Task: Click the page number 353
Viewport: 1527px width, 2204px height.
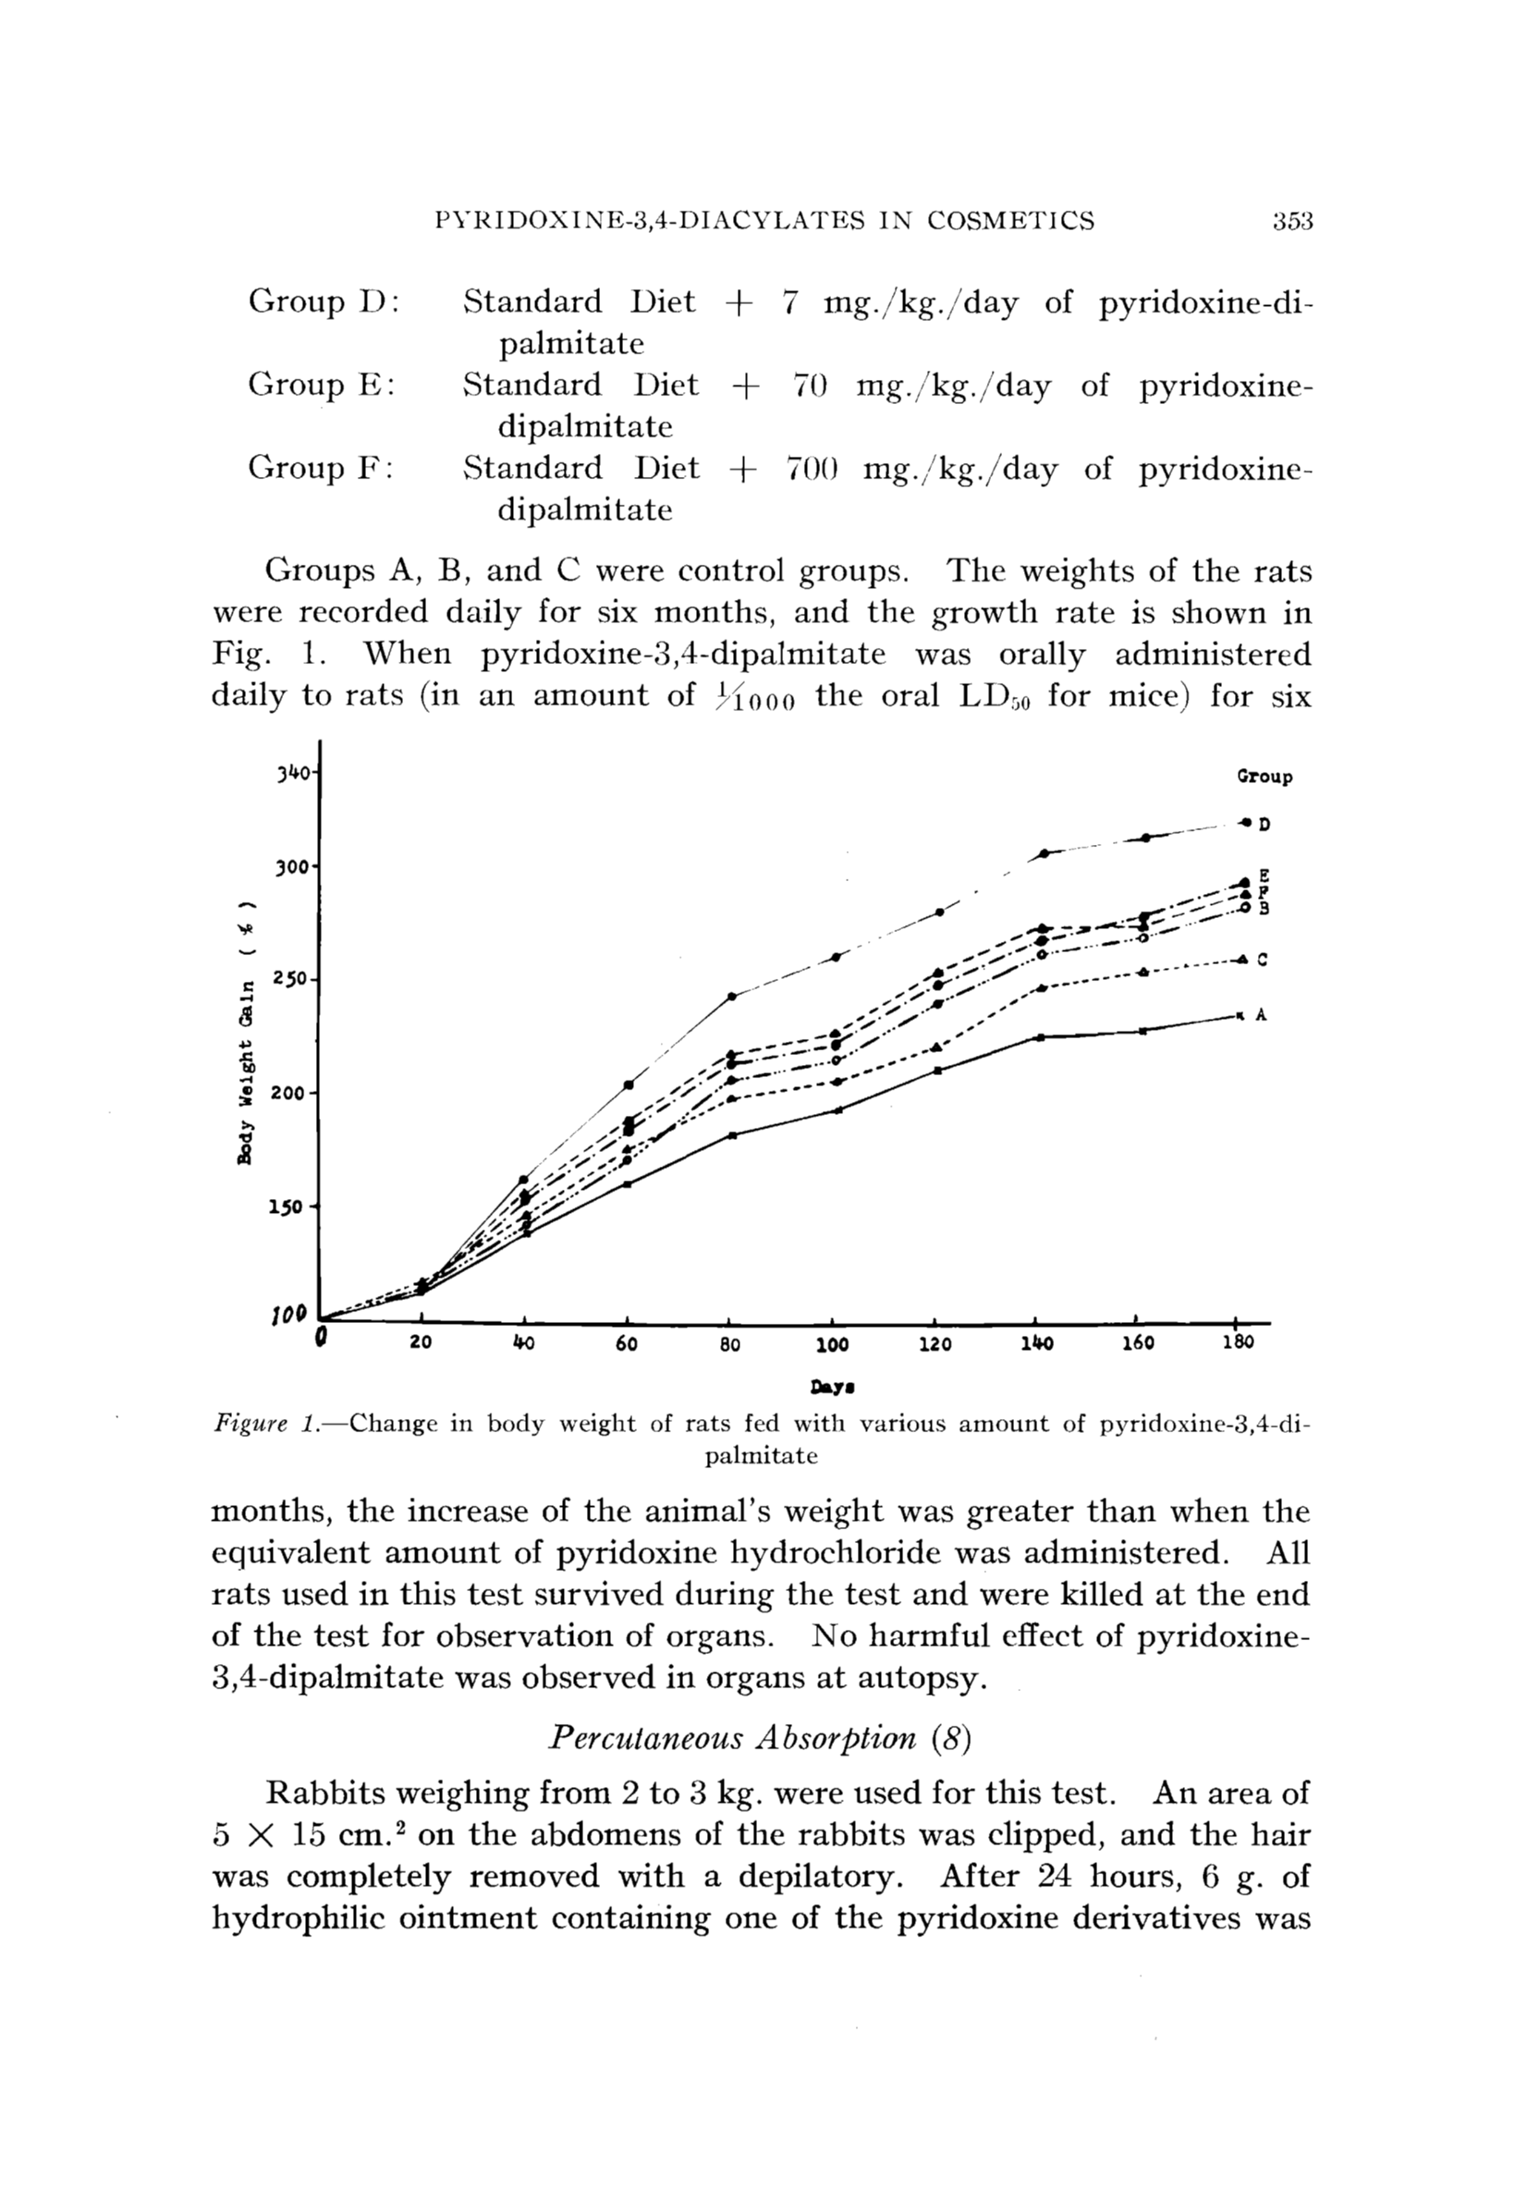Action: (1292, 221)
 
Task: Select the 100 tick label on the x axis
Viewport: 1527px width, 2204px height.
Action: (833, 1343)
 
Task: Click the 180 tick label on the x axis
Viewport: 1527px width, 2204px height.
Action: (1237, 1342)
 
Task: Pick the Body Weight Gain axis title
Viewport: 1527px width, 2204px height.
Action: (247, 1034)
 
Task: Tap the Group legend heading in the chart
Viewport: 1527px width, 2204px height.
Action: (1264, 778)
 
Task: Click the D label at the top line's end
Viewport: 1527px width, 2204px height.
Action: (1264, 824)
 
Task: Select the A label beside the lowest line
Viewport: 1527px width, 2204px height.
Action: (1261, 1015)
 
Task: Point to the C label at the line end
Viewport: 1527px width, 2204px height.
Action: (1262, 960)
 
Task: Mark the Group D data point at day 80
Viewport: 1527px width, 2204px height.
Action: (732, 997)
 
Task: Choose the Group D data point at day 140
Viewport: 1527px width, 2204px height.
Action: (1043, 852)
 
